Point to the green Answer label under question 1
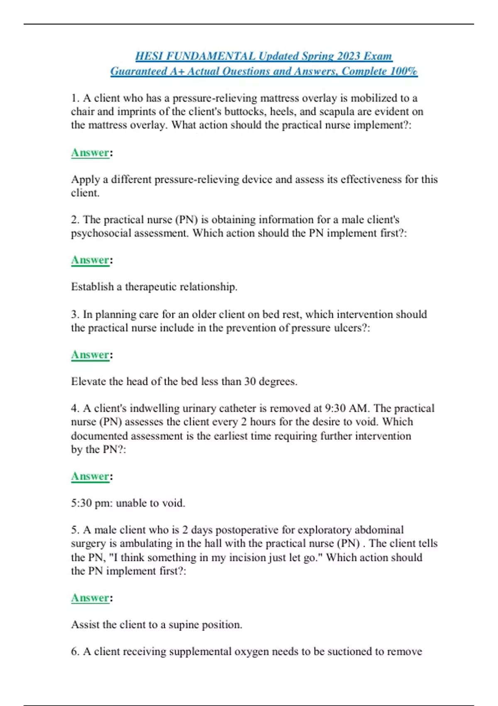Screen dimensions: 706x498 tap(90, 153)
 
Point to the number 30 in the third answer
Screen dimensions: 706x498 tap(250, 381)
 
